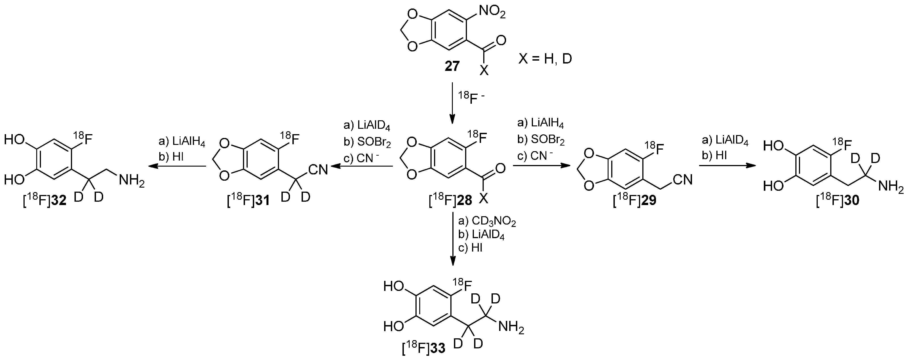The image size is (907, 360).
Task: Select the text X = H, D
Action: point(545,58)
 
